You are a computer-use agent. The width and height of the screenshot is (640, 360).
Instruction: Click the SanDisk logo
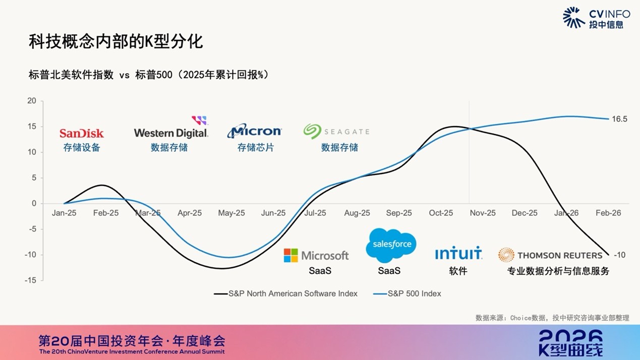click(82, 133)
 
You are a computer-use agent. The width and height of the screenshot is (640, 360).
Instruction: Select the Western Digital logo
click(171, 133)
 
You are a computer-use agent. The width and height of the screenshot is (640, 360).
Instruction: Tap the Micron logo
click(254, 131)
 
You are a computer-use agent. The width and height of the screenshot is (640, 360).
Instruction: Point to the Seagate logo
click(336, 132)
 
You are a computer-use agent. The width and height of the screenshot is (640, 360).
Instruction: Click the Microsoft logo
click(316, 255)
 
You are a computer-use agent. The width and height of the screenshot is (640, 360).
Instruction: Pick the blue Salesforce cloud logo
click(391, 245)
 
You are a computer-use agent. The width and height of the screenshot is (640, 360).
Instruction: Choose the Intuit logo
click(458, 253)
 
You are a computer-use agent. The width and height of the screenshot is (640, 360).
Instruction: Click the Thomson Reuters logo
click(550, 255)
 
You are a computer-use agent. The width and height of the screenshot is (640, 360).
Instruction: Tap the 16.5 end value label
click(619, 119)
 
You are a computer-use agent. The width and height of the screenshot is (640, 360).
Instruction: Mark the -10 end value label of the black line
click(619, 255)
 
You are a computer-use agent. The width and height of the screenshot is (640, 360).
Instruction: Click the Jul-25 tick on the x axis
click(315, 213)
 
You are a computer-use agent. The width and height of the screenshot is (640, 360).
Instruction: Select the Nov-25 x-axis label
click(483, 213)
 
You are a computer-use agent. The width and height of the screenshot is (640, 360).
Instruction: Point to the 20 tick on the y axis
click(32, 101)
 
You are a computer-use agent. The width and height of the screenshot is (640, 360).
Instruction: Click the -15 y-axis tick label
click(31, 280)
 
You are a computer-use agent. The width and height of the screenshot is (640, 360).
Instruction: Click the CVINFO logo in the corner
click(596, 18)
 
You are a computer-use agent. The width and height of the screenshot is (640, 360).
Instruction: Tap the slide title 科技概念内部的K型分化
click(115, 41)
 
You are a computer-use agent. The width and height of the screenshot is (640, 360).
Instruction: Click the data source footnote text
click(552, 318)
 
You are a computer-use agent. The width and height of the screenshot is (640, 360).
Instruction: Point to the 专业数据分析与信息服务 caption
click(558, 271)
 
